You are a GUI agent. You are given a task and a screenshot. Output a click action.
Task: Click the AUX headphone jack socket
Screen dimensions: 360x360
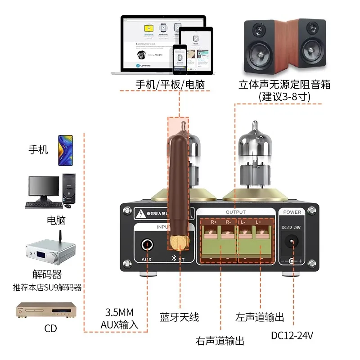(x=147, y=244)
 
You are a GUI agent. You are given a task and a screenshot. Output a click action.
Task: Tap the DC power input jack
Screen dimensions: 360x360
(x=293, y=242)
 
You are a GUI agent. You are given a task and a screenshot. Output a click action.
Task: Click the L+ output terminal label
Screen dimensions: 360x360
(x=258, y=222)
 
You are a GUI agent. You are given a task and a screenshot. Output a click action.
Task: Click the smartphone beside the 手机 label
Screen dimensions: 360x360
(x=65, y=150)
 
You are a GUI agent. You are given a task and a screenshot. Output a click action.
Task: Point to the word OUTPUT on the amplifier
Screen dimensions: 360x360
(x=235, y=212)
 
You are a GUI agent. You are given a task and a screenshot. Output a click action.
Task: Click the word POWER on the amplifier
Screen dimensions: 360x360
(x=292, y=212)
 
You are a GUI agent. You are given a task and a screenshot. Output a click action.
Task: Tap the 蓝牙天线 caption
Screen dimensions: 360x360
(x=179, y=317)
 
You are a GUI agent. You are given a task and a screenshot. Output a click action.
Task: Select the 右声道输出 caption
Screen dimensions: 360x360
(x=220, y=341)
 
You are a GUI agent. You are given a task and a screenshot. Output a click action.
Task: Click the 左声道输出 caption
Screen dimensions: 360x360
(x=260, y=317)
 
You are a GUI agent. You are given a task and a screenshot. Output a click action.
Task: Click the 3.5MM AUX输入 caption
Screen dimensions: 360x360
(x=119, y=318)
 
